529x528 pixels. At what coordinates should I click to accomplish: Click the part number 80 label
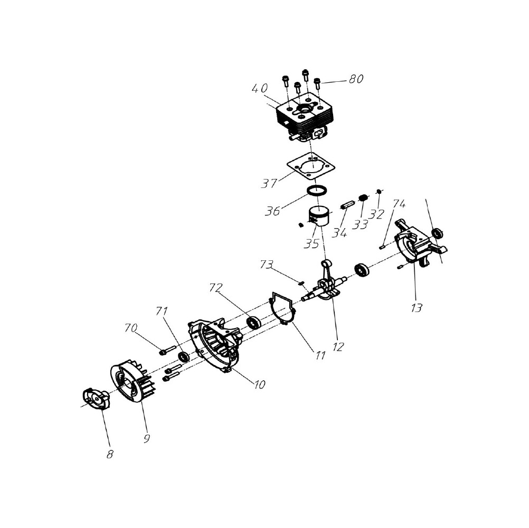tap(356, 79)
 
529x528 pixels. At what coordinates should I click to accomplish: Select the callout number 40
tap(260, 88)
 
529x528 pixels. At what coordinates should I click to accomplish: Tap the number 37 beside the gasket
tap(269, 183)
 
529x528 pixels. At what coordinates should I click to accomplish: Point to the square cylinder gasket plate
tap(311, 165)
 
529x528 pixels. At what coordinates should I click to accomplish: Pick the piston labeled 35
tap(319, 215)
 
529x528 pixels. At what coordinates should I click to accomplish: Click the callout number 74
tap(399, 204)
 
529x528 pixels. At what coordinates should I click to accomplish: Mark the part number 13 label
tap(417, 308)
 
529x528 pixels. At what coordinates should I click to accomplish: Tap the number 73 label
tap(266, 265)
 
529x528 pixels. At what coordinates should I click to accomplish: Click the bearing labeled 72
tap(254, 322)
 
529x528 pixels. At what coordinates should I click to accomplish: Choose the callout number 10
tap(259, 384)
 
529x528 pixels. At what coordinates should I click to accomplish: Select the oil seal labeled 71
tap(184, 357)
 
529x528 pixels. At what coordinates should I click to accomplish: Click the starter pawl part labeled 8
tap(96, 400)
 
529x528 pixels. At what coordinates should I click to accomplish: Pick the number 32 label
tap(376, 214)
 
